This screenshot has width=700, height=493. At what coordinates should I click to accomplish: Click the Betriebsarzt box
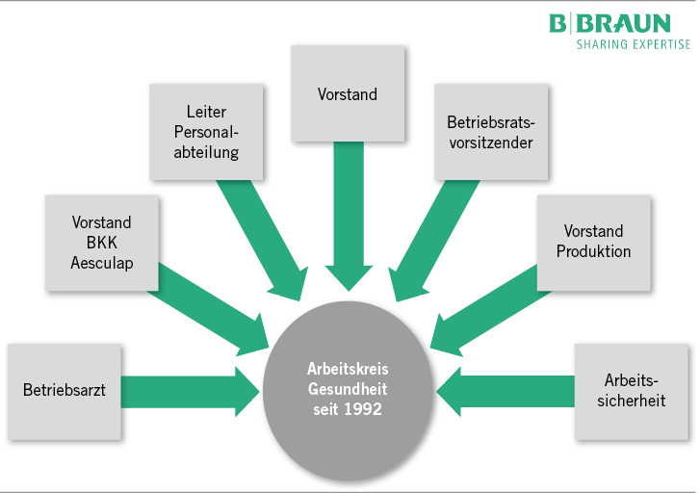coord(65,391)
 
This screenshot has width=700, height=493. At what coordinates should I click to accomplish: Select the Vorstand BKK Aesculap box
coord(102,242)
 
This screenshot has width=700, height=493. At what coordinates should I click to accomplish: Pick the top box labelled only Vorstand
coord(348,94)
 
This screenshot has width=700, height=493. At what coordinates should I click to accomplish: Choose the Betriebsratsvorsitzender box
coord(490,132)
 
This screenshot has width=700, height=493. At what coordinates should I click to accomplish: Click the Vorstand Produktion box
coord(593,242)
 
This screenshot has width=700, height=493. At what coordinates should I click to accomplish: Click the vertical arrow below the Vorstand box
coord(347,212)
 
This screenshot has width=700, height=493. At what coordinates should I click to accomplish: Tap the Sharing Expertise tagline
coord(633,44)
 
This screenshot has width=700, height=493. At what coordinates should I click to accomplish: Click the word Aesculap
coord(102,260)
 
